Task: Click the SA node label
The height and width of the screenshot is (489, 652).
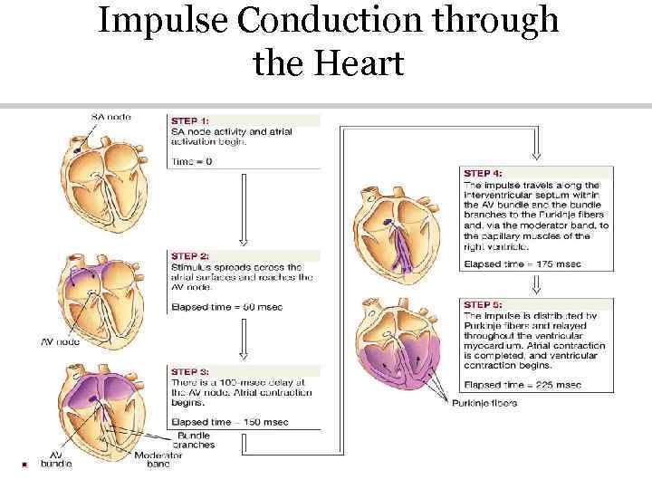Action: click(x=110, y=117)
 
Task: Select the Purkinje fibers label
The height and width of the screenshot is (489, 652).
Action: click(x=484, y=403)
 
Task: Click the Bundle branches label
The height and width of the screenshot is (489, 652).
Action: click(x=196, y=441)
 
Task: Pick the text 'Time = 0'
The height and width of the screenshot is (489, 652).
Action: click(x=192, y=161)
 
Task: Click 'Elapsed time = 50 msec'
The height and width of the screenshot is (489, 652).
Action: click(x=226, y=307)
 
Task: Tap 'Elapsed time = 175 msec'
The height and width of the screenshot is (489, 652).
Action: click(x=522, y=264)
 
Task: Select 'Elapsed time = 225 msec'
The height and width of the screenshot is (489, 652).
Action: click(x=522, y=385)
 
